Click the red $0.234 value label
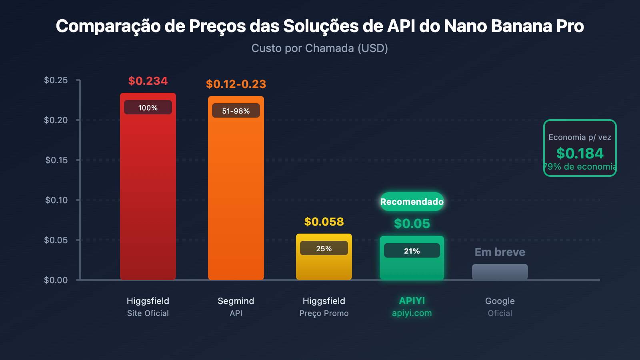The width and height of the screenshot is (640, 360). (148, 81)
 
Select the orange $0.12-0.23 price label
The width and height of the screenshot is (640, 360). (236, 84)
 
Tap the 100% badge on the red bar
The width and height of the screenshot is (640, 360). (148, 108)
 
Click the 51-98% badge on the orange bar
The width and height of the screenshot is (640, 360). (236, 111)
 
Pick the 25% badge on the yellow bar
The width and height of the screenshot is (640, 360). (324, 248)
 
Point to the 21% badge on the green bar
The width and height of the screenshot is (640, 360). (412, 251)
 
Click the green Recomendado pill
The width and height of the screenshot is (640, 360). (412, 202)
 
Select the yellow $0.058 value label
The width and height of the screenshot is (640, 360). (324, 222)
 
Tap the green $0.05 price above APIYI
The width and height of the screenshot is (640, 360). (412, 224)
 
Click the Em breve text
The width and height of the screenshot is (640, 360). (500, 252)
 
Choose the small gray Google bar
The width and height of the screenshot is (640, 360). (500, 272)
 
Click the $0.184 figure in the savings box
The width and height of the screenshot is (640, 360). (580, 153)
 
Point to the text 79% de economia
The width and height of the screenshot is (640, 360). (580, 167)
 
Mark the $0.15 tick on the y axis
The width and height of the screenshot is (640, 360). (56, 160)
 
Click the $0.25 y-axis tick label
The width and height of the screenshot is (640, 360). (56, 80)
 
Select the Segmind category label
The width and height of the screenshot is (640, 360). (236, 301)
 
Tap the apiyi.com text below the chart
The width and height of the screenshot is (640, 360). (412, 313)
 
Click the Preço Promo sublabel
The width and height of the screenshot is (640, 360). (324, 313)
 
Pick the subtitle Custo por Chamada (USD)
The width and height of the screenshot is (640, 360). (320, 48)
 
